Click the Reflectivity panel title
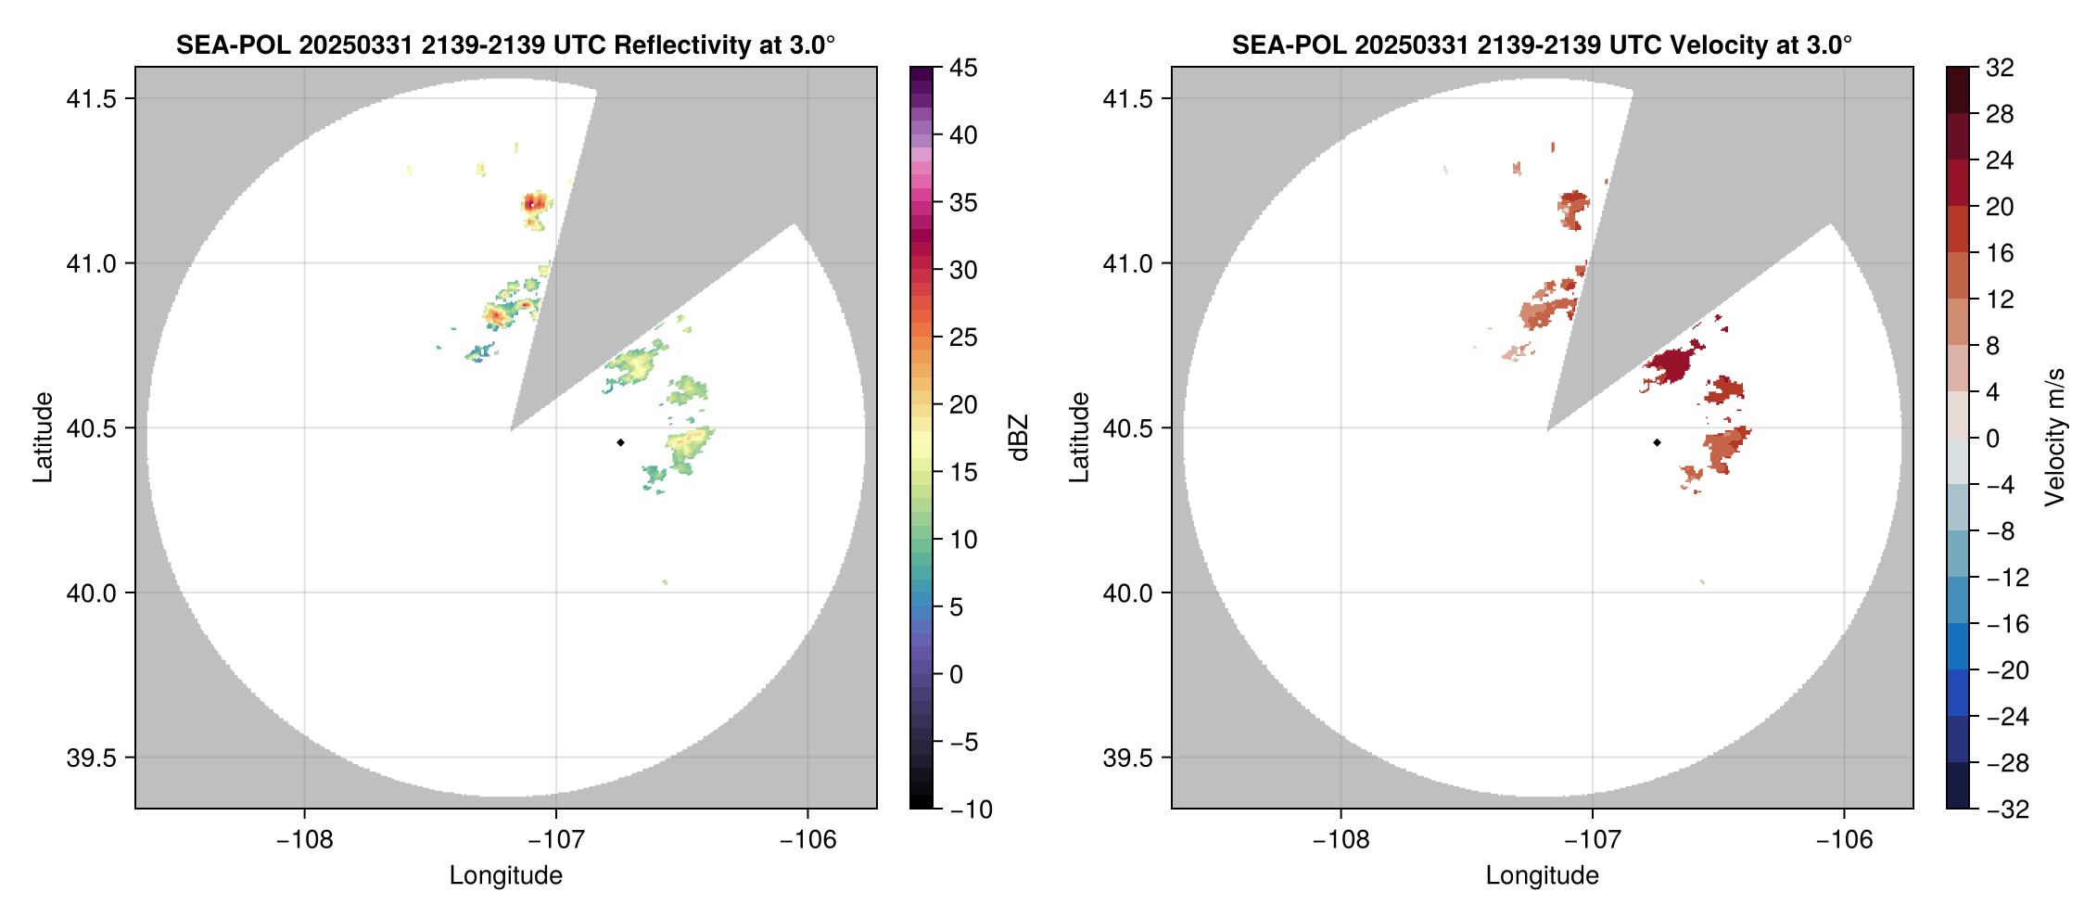[505, 45]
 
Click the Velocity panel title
[1542, 45]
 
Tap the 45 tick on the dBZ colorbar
[962, 68]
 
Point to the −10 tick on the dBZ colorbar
[970, 810]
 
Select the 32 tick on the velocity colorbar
[2000, 68]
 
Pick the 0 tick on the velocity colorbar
[1993, 439]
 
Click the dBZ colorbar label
[1019, 438]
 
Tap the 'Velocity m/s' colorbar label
[2055, 438]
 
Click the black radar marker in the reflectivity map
[620, 442]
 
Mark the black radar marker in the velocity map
[1657, 442]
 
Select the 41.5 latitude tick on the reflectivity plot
[91, 99]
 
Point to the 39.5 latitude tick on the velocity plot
[1127, 758]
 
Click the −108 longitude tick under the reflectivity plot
[304, 840]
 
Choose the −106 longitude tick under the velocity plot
[1844, 840]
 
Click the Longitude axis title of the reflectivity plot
[505, 875]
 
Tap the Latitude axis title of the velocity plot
[1079, 438]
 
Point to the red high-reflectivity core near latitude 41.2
[533, 201]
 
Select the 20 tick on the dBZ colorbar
[962, 405]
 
